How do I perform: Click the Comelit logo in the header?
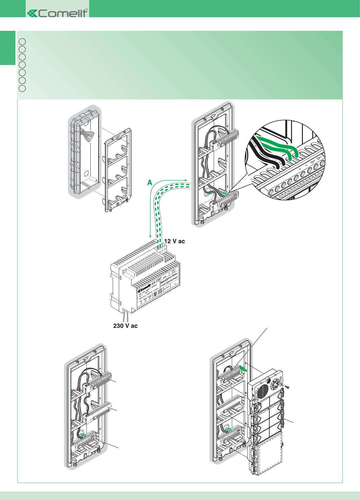(57, 13)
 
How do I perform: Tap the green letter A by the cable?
(150, 183)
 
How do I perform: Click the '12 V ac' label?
(174, 241)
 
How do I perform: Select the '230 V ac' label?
(125, 326)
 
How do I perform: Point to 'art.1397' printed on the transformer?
(156, 281)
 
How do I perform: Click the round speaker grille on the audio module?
(263, 392)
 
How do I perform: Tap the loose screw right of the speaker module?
(287, 386)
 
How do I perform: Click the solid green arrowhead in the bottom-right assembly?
(243, 368)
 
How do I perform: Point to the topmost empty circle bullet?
(22, 41)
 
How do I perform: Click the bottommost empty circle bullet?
(22, 89)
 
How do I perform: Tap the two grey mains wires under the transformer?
(126, 317)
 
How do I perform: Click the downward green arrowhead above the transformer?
(150, 236)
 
